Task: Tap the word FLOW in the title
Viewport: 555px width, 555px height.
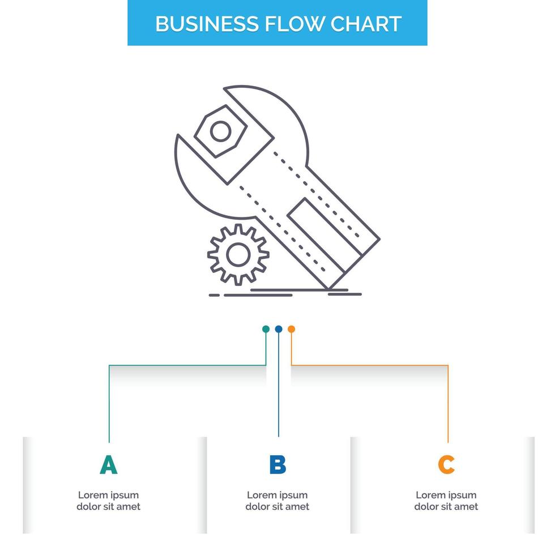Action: click(291, 24)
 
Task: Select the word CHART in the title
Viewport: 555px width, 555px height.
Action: click(366, 24)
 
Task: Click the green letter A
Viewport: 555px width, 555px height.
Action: click(108, 465)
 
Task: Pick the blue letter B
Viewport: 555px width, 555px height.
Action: click(277, 465)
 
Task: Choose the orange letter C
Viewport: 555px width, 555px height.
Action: click(446, 465)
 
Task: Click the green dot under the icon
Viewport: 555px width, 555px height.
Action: click(266, 329)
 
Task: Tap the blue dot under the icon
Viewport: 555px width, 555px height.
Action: click(279, 329)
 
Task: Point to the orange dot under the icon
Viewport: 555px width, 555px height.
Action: click(291, 329)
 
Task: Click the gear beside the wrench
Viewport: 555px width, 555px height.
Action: click(238, 254)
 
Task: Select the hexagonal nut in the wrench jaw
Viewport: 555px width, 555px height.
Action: click(219, 131)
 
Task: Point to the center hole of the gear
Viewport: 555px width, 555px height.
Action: click(238, 254)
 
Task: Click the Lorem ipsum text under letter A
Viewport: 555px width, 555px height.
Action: click(108, 501)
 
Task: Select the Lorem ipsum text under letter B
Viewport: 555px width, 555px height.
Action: click(277, 501)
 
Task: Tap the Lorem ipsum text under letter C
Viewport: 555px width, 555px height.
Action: click(446, 501)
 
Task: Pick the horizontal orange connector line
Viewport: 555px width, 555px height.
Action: click(368, 365)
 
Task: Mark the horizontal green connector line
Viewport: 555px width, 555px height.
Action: click(187, 365)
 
